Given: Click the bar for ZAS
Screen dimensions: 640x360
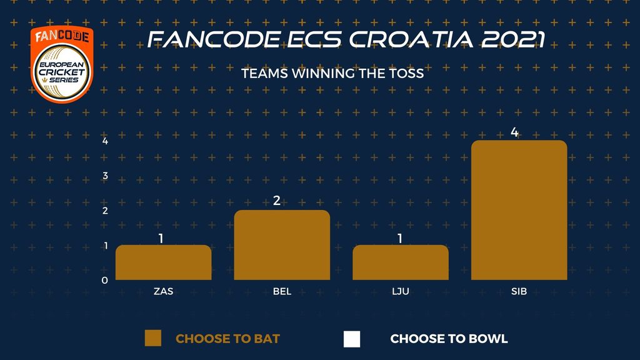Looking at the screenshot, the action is pos(163,262).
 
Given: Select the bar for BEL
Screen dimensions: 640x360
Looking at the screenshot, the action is pos(282,245).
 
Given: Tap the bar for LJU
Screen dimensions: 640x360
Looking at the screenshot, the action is pos(401,262).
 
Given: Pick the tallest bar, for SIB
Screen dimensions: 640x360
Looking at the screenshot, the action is pos(519,210).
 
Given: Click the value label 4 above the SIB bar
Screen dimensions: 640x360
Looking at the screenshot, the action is pos(514,132).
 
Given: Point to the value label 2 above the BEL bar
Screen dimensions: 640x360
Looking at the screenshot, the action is pos(277,201).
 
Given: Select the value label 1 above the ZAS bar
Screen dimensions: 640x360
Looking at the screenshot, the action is pos(161,238).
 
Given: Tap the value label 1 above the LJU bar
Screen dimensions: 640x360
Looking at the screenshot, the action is pos(400,238).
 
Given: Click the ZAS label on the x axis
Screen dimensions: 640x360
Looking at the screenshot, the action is pos(163,291).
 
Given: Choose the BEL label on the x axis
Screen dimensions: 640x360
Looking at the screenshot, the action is pos(282,291).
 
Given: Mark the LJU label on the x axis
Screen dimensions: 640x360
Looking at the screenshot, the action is pos(401,291).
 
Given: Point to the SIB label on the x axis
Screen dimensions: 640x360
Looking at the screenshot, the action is pos(519,291).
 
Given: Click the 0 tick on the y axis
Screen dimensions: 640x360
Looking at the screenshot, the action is pos(105,281).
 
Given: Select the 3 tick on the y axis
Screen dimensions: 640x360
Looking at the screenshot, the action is pos(105,176).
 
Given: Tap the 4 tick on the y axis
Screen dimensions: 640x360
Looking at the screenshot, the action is pos(105,141).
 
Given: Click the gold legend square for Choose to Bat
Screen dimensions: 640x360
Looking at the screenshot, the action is pos(153,338).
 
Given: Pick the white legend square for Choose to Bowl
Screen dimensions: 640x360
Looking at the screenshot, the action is pos(352,339).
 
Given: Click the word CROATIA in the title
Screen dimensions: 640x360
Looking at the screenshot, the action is pos(411,39).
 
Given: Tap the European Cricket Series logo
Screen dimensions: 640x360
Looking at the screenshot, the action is pos(62,64).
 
